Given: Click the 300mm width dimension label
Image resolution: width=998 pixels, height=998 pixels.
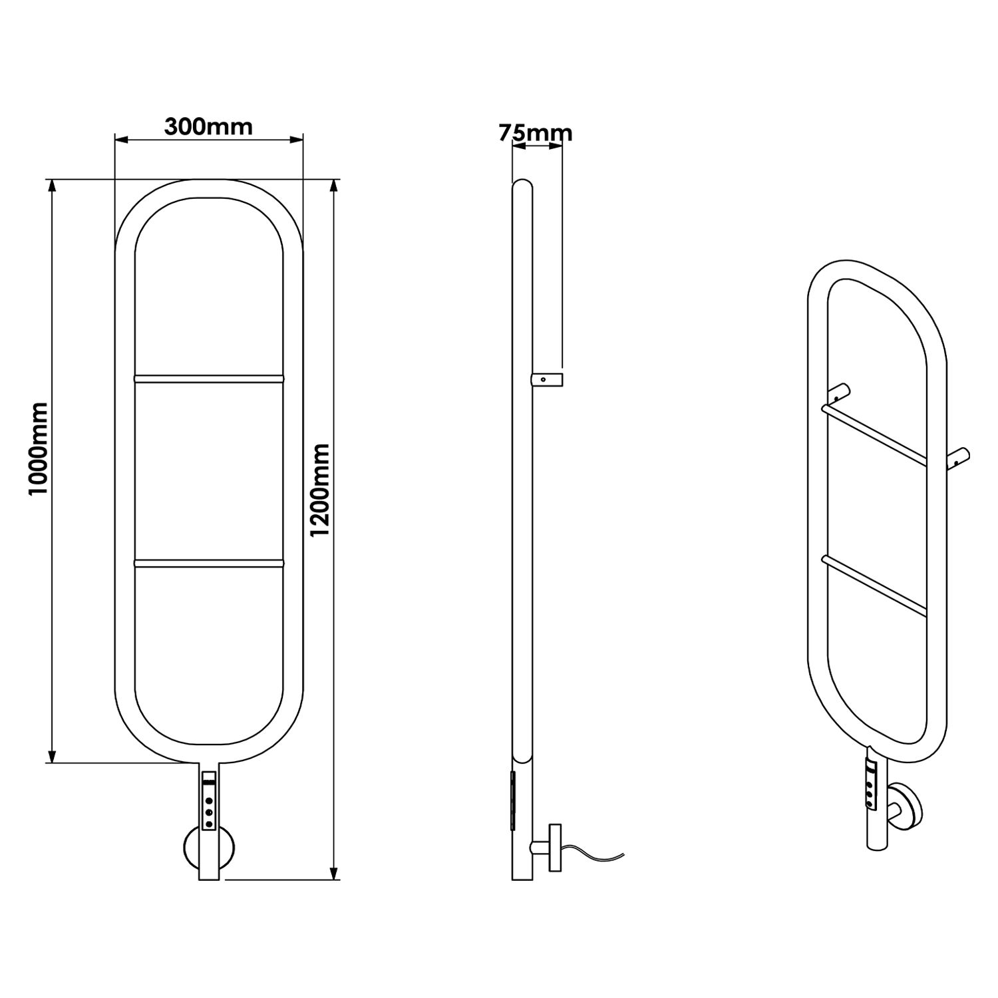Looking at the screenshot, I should click(208, 126).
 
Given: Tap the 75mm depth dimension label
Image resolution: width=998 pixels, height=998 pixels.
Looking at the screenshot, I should click(536, 133).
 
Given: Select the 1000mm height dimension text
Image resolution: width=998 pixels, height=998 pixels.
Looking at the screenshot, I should click(39, 448).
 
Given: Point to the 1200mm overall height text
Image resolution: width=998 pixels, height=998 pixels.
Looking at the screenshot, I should click(321, 490).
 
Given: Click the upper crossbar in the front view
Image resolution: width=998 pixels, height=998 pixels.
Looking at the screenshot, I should click(209, 379).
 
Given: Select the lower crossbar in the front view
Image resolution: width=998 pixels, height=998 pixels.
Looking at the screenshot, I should click(209, 563).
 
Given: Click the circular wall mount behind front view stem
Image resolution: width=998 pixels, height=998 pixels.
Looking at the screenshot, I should click(190, 847).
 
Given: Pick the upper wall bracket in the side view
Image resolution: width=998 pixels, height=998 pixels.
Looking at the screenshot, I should click(547, 380).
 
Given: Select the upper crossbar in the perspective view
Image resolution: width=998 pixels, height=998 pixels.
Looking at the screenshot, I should click(874, 435).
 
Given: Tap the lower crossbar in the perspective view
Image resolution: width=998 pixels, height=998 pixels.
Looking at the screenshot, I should click(874, 586).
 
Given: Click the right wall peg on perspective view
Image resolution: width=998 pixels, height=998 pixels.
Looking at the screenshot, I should click(959, 458).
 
